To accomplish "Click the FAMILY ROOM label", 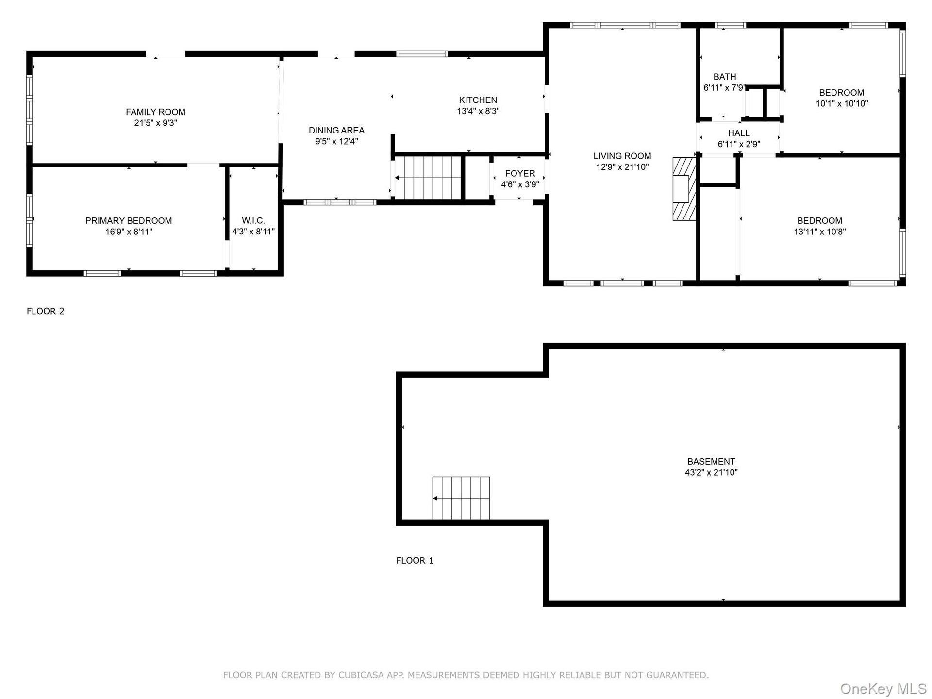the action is [155, 112].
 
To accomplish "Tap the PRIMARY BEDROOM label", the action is [129, 221].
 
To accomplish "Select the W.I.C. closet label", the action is [253, 221].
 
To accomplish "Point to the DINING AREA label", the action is [336, 131].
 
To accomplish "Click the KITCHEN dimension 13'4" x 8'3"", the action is [478, 111].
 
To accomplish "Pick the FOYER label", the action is [520, 173].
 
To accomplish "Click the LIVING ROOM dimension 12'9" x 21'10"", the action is [622, 167].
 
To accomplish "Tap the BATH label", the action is [725, 77].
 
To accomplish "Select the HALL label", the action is [739, 133].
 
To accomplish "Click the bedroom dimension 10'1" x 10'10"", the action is [842, 103].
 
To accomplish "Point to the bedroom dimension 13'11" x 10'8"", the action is [820, 232].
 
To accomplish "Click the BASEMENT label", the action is [711, 462].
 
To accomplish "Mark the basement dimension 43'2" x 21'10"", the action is [711, 472].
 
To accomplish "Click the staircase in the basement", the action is [461, 498].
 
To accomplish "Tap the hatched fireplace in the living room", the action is [684, 189].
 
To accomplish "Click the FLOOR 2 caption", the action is [46, 311].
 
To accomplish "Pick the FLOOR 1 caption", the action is [415, 561].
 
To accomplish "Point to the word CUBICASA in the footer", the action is [361, 675].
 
